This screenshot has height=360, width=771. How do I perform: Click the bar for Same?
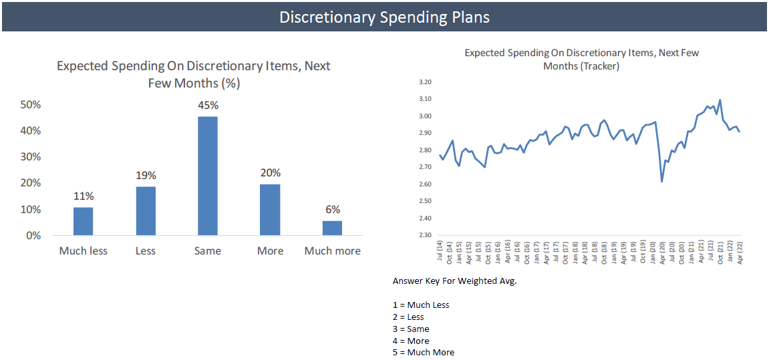[208, 176]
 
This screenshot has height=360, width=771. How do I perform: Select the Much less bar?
[83, 221]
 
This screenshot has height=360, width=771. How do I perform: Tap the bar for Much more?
[332, 228]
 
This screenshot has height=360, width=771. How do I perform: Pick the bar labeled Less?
[146, 210]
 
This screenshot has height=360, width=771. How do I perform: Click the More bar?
[270, 210]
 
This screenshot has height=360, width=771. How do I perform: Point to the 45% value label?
[208, 105]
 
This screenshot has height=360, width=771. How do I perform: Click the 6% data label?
[332, 209]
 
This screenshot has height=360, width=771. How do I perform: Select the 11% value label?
[84, 196]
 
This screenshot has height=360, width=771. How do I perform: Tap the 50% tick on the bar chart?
[31, 105]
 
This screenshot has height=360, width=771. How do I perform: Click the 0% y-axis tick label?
[34, 236]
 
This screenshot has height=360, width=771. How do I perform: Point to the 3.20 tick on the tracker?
[425, 82]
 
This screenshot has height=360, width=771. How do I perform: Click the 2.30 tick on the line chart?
[425, 235]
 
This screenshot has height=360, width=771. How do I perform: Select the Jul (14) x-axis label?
[440, 252]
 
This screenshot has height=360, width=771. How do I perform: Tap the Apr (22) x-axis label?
[740, 252]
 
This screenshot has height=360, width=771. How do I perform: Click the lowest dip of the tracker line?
[661, 181]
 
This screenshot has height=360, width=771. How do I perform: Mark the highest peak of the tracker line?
[720, 100]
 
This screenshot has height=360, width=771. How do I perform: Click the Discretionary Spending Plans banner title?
[384, 17]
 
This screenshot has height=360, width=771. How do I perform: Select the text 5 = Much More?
[424, 352]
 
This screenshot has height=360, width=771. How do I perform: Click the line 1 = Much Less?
[421, 305]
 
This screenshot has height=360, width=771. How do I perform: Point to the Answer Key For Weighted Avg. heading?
[455, 281]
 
